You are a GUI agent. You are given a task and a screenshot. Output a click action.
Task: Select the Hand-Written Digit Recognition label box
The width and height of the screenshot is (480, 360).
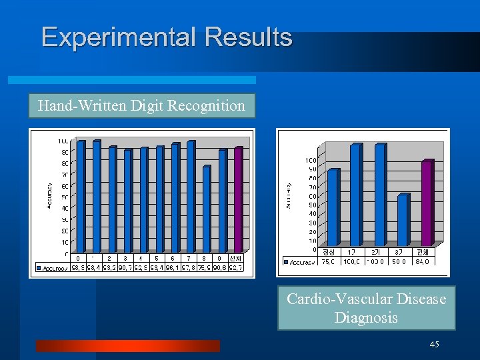(141, 105)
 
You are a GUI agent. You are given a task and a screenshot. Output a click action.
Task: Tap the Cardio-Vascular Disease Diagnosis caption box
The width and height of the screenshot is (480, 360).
(366, 308)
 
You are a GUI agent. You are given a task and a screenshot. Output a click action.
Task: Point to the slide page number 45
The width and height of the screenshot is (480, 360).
(434, 344)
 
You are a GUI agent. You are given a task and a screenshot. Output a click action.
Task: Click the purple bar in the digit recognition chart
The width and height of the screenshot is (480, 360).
(238, 200)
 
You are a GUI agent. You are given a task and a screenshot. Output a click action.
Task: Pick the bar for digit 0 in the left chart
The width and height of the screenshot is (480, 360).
(81, 197)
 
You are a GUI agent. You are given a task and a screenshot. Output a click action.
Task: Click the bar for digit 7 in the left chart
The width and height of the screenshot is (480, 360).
(191, 197)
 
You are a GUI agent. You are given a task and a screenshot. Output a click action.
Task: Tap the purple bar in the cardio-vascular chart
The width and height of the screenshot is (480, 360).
(427, 203)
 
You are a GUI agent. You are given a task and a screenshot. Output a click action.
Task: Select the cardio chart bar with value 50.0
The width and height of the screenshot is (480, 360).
(401, 220)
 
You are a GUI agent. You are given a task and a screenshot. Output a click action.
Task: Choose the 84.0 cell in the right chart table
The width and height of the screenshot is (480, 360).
(422, 261)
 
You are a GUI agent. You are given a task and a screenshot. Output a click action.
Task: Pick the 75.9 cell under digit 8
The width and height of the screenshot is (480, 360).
(205, 267)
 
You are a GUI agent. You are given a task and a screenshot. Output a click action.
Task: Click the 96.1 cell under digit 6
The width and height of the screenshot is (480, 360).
(173, 267)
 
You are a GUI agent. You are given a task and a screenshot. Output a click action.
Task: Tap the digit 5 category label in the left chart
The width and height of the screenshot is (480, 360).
(157, 258)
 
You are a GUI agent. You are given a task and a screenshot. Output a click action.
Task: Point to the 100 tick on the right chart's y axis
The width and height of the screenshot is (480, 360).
(311, 160)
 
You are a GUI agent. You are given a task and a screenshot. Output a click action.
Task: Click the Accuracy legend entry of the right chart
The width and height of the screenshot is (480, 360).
(300, 261)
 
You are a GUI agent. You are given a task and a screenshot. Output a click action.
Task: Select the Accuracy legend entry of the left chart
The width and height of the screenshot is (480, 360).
(53, 267)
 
